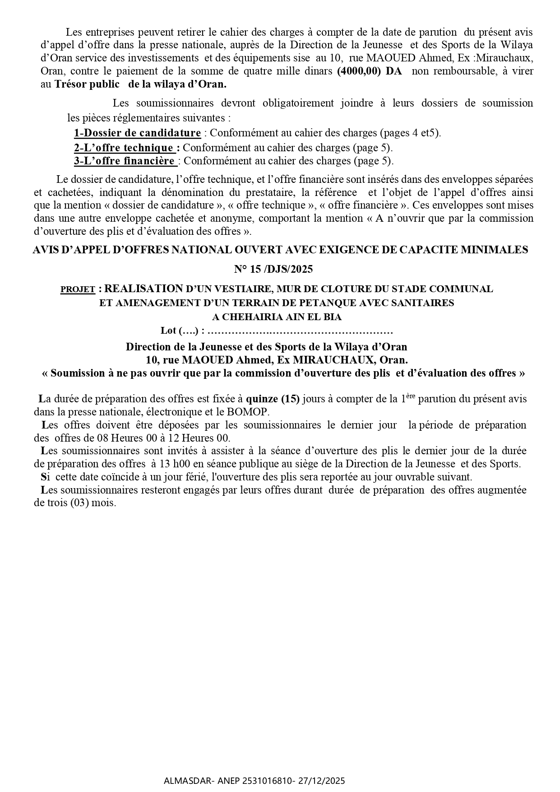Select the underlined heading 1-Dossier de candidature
point(137,133)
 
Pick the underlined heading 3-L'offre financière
point(125,161)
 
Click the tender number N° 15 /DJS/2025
point(273,269)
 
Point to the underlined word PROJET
point(78,289)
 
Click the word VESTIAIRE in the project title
point(239,289)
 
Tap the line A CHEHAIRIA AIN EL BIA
point(277,317)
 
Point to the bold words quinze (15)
point(273,399)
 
